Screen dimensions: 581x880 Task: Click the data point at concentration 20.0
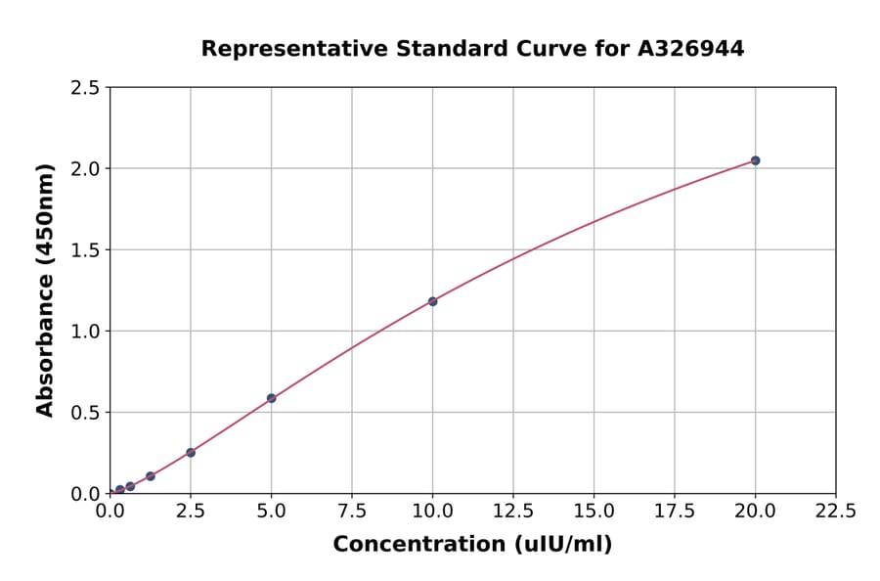click(x=755, y=160)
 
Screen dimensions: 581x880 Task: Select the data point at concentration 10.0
click(x=432, y=301)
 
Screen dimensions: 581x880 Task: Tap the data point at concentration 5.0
click(x=272, y=398)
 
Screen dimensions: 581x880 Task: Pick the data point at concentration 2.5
click(x=191, y=452)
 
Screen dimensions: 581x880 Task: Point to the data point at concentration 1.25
click(x=151, y=476)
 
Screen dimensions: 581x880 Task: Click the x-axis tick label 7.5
click(x=352, y=511)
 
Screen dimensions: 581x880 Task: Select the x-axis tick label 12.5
click(x=513, y=511)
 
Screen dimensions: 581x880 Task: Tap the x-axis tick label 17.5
click(x=675, y=511)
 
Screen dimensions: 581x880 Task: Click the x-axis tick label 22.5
click(x=836, y=511)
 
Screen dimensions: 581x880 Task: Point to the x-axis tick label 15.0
click(x=594, y=511)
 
